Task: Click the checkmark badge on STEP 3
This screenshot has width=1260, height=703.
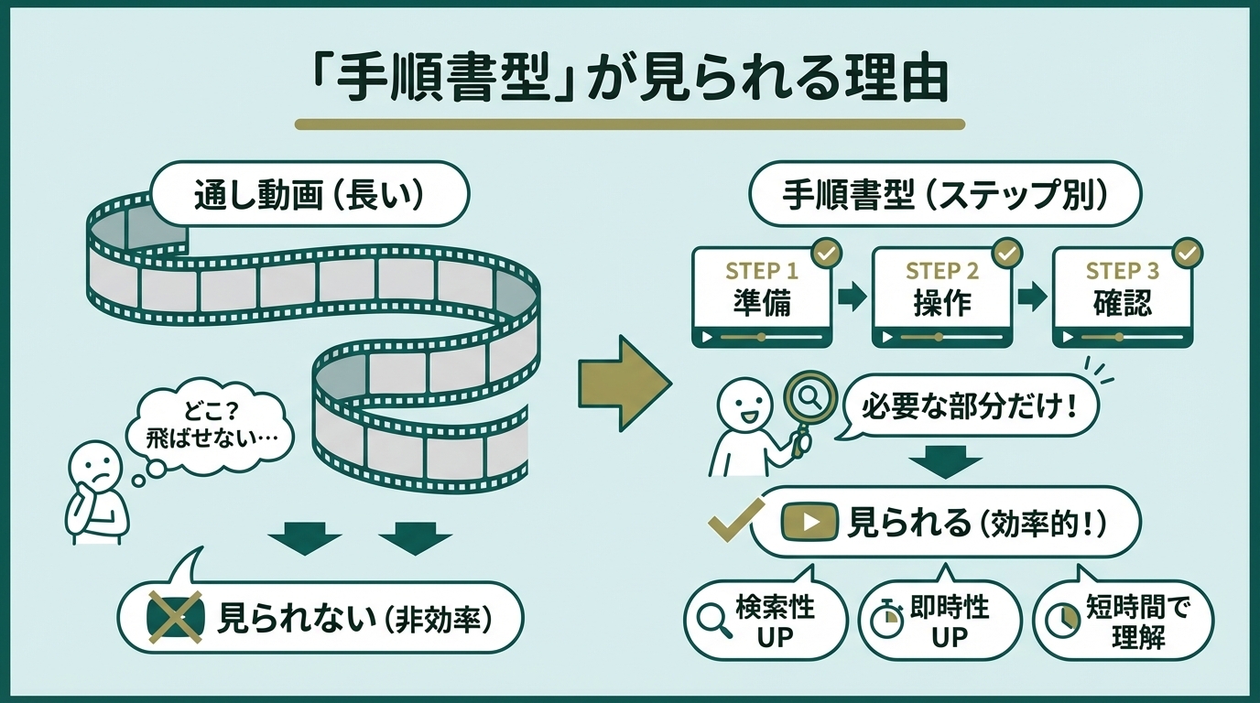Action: point(1189,253)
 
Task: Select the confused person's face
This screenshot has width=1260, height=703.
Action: point(95,466)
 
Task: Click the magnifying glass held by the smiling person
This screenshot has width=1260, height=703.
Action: point(806,399)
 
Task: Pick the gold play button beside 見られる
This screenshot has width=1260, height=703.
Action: point(809,523)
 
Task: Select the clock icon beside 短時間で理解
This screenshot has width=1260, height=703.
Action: point(1061,621)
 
